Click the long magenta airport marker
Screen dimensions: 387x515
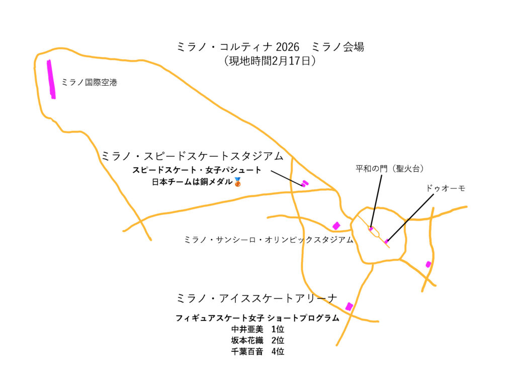(x=51, y=79)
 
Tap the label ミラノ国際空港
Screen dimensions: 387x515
(x=89, y=83)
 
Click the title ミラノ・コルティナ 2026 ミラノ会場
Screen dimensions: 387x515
(x=270, y=47)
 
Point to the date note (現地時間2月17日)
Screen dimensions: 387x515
(x=270, y=61)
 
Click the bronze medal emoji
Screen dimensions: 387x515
(x=238, y=182)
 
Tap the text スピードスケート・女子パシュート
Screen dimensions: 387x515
(x=197, y=170)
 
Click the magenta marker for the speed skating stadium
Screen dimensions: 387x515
(x=304, y=183)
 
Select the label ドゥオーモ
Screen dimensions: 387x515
(x=445, y=188)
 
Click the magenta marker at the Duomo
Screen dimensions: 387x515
(x=386, y=242)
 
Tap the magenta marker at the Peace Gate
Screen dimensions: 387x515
(x=371, y=229)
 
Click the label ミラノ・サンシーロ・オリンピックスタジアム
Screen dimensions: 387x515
(x=269, y=240)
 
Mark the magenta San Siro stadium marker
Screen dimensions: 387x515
(x=336, y=226)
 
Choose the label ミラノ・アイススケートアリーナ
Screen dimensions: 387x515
(x=257, y=298)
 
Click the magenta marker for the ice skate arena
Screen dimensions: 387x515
(x=349, y=306)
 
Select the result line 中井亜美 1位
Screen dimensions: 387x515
(x=257, y=330)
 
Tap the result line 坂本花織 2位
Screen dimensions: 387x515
(x=257, y=341)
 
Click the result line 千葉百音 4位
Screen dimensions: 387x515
(x=257, y=352)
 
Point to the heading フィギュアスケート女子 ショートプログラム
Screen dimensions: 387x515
(x=257, y=318)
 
